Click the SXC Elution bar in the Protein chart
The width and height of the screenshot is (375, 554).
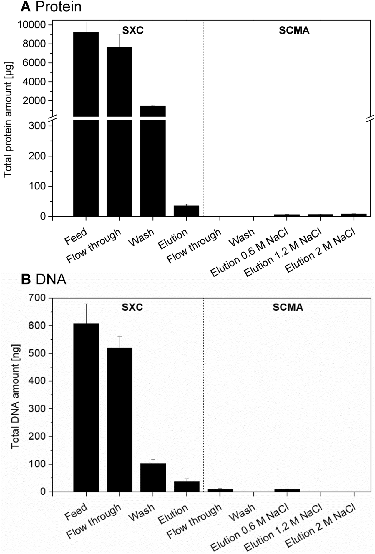186,211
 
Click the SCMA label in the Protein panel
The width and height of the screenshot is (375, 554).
294,31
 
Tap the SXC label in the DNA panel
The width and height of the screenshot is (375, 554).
132,307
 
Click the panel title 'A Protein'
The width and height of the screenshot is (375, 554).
51,7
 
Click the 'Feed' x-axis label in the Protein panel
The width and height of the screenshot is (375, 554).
76,237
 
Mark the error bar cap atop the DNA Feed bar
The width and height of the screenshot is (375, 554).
86,304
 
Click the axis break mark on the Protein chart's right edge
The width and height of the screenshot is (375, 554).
370,118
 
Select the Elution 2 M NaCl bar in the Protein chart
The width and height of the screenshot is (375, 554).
354,215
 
